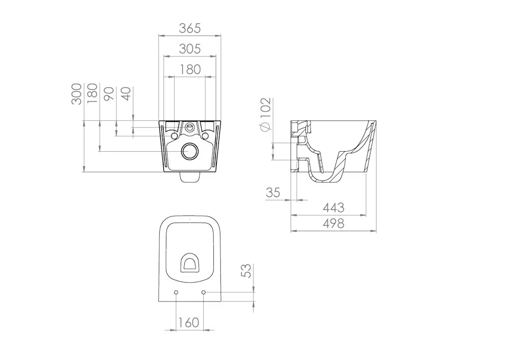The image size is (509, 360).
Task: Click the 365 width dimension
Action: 190,29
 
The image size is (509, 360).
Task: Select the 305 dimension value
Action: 190,49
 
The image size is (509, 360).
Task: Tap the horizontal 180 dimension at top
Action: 190,69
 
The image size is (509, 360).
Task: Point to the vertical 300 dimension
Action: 76,94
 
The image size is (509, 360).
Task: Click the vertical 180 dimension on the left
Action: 92,93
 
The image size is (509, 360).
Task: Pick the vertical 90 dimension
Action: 109,94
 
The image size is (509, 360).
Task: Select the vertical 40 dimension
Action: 126,94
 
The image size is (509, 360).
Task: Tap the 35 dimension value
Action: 273,192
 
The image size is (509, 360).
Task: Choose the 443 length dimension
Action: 333,208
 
